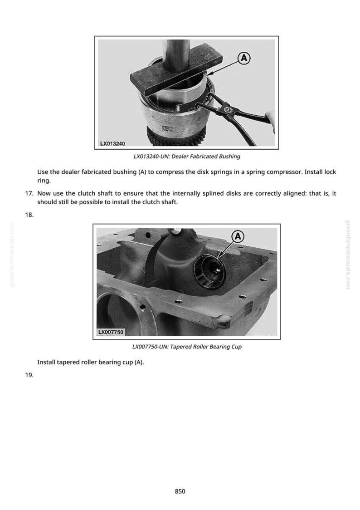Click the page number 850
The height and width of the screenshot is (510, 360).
tap(180, 491)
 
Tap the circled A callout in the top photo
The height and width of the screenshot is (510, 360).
tap(244, 58)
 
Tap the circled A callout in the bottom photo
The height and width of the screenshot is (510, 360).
tap(238, 236)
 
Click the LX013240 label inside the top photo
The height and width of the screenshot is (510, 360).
tap(112, 143)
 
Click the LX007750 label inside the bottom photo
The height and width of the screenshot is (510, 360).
tap(111, 332)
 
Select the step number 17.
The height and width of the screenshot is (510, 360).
tap(29, 194)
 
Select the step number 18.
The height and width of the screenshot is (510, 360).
tap(29, 215)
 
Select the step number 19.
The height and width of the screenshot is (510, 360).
tap(29, 375)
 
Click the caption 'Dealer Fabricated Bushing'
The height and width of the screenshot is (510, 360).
tap(206, 157)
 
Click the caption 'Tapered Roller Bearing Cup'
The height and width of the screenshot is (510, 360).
tap(206, 347)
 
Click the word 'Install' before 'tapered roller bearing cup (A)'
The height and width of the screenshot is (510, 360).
tap(46, 363)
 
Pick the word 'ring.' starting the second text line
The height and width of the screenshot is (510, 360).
tap(44, 181)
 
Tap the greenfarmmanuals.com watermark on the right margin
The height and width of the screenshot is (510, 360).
tap(348, 255)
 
